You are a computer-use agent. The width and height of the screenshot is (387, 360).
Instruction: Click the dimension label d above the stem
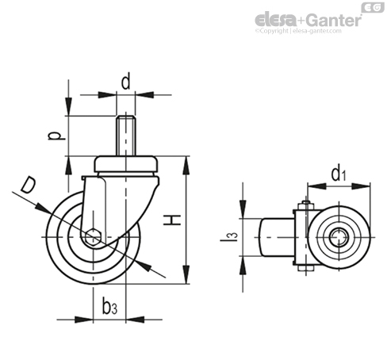[x=125, y=82]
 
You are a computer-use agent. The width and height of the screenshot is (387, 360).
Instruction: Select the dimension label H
[x=172, y=220]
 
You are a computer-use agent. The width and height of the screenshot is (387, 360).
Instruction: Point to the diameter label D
[x=28, y=186]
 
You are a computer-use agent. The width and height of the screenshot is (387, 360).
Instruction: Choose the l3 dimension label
[x=229, y=237]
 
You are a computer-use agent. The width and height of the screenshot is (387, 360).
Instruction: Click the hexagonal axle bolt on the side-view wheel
[x=94, y=237]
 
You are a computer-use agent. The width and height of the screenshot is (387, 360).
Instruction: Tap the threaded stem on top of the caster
[x=126, y=136]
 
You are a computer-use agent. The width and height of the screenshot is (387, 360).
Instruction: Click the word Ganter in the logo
[x=334, y=20]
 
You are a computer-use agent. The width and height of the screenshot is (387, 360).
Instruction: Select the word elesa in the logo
[x=276, y=20]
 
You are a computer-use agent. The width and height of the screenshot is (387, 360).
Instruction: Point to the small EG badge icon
[x=373, y=7]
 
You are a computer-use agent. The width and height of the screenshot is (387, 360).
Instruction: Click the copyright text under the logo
[x=298, y=31]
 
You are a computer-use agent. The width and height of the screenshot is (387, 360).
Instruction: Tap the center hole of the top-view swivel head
[x=339, y=237]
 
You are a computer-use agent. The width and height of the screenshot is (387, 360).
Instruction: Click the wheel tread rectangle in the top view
[x=277, y=237]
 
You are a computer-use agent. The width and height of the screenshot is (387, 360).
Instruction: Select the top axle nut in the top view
[x=305, y=205]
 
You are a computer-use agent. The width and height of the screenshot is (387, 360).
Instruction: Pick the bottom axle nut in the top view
[x=305, y=268]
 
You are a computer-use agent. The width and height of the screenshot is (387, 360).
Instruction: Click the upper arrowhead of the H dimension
[x=186, y=165]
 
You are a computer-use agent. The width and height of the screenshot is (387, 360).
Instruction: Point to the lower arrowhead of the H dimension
[x=186, y=275]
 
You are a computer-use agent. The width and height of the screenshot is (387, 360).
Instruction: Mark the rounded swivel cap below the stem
[x=126, y=164]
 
